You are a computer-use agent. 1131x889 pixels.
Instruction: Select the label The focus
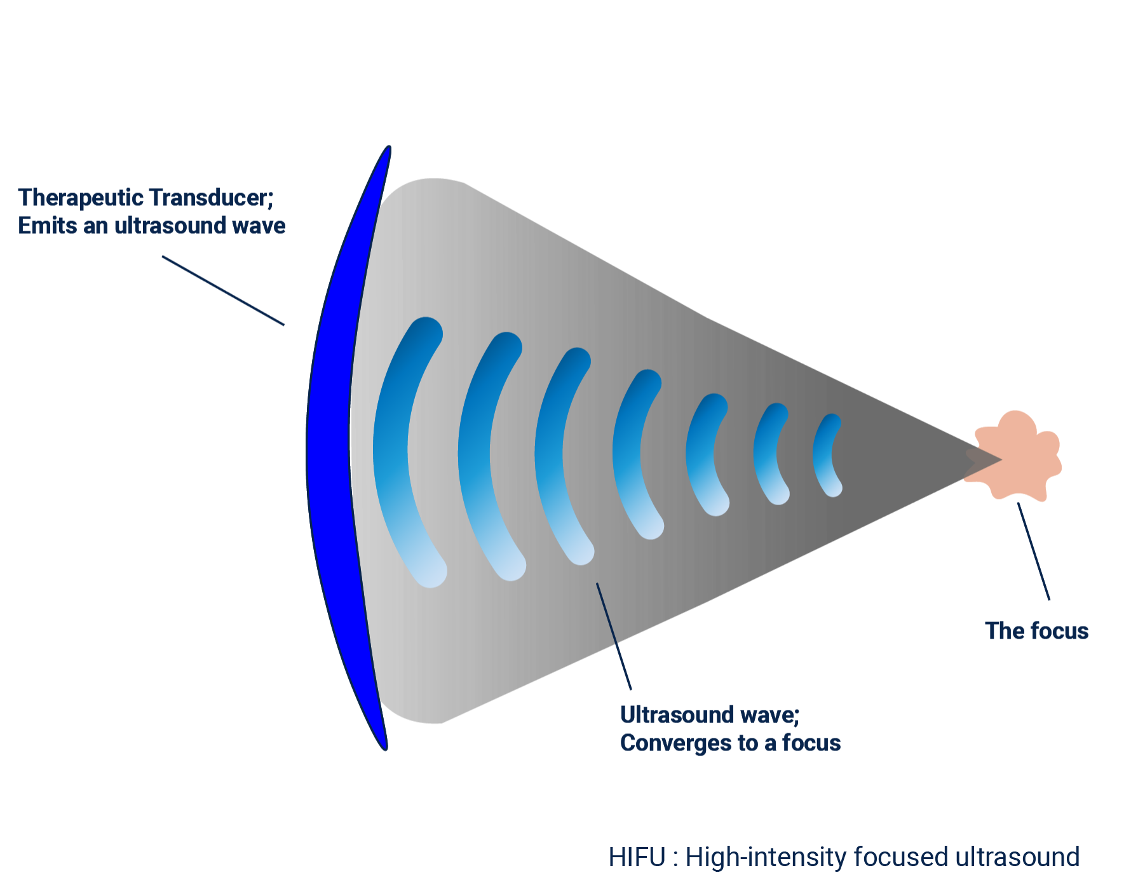tap(1036, 631)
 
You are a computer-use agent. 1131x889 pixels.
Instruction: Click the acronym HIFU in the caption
tap(637, 857)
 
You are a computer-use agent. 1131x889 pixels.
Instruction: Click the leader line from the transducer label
tap(222, 290)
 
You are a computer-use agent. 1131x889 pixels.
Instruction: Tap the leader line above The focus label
tap(1033, 551)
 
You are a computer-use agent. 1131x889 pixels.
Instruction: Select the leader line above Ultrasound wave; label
tap(614, 635)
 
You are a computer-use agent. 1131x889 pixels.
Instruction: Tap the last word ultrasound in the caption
tap(1017, 857)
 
